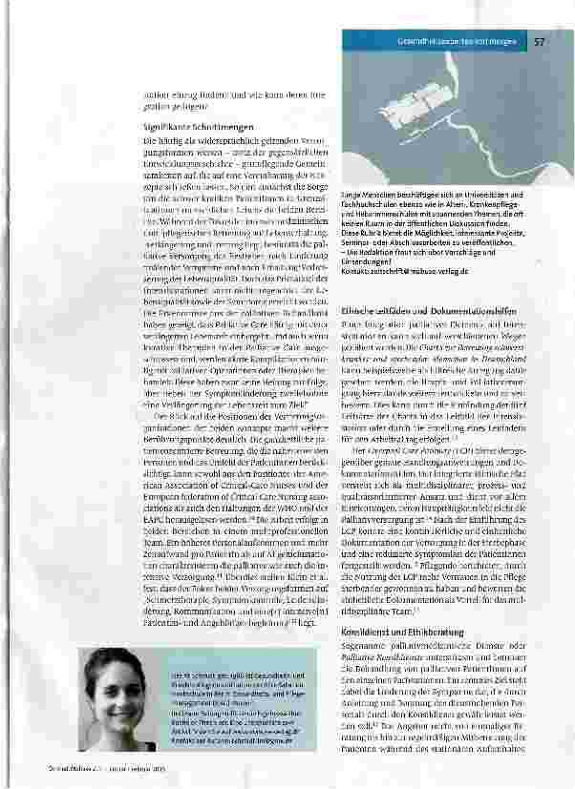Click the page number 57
coord(539,42)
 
